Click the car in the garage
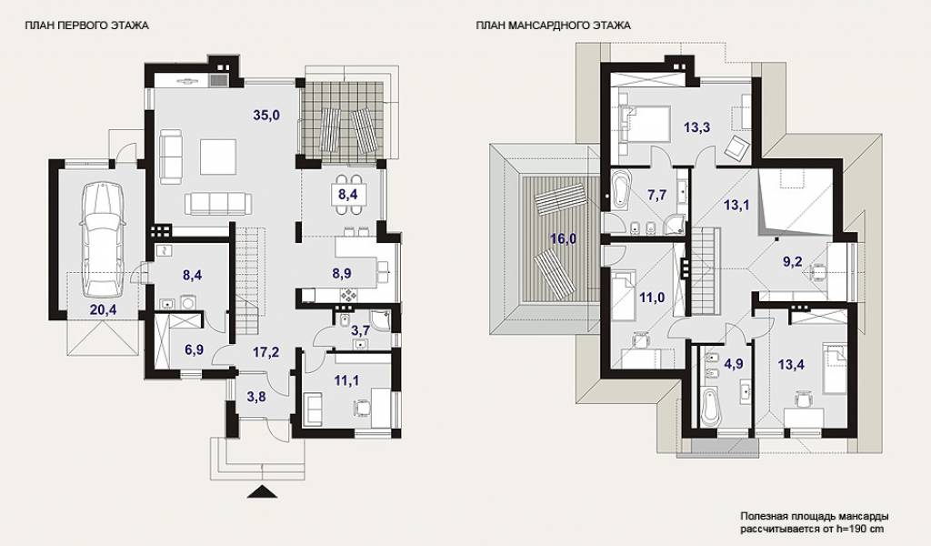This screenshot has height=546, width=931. (102, 239)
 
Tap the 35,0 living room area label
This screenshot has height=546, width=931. (266, 116)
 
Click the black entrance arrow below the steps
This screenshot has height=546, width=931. (261, 490)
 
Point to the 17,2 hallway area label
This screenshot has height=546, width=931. (265, 352)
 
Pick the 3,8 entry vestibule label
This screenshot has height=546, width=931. (255, 397)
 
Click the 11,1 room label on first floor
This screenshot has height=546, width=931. (346, 380)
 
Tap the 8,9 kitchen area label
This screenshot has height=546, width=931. (342, 273)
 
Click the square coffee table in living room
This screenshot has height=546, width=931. (218, 157)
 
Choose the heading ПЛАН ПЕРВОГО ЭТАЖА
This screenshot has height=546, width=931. (86, 25)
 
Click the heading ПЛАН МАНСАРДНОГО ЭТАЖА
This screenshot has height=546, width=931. (553, 25)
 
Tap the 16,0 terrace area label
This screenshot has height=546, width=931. (563, 238)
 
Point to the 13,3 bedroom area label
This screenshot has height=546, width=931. (697, 126)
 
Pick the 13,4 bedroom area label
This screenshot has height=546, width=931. (792, 364)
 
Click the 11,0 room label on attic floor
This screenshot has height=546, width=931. (651, 298)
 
